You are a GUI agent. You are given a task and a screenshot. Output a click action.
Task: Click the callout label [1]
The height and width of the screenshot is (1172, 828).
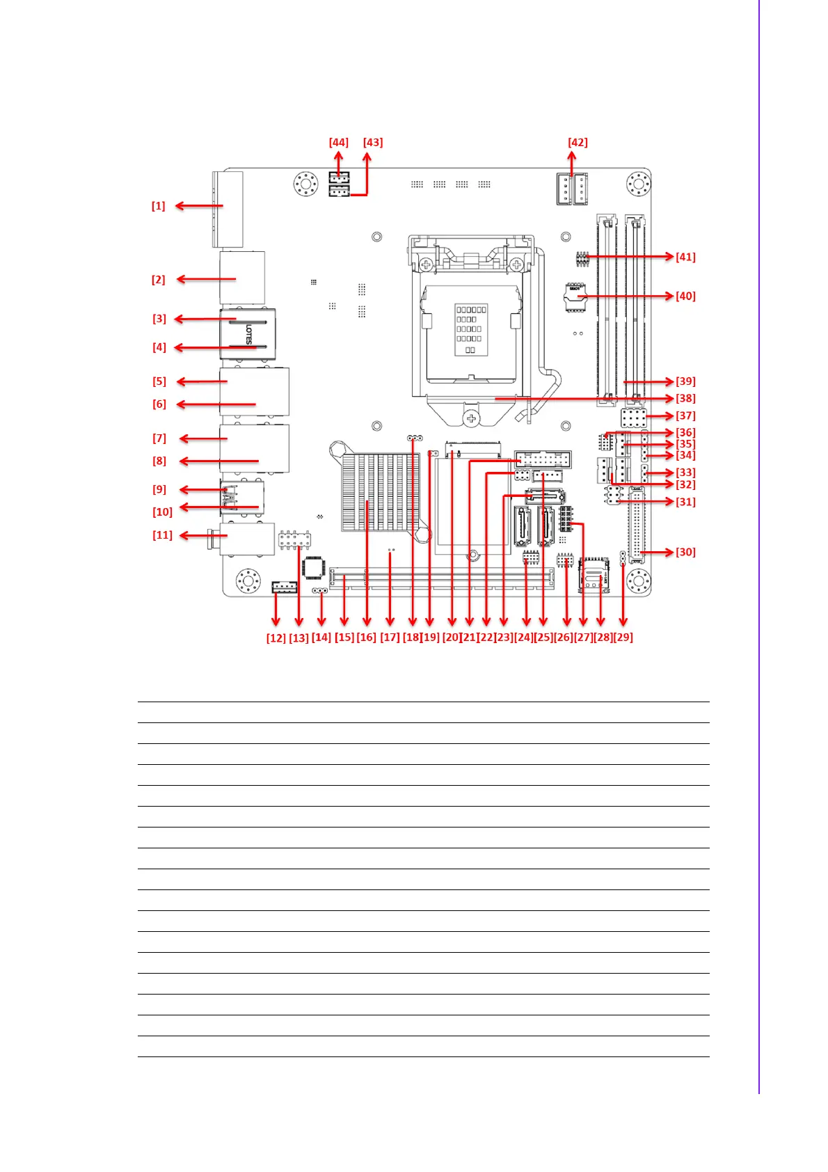coord(159,206)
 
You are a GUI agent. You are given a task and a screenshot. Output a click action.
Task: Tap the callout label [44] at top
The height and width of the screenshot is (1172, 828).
coord(338,143)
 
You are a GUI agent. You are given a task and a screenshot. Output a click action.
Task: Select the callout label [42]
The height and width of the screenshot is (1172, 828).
coord(578,143)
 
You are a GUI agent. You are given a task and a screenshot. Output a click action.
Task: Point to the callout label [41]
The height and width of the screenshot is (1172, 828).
coord(685,257)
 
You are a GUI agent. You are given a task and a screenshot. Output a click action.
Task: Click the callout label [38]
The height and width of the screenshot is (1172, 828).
coord(685,399)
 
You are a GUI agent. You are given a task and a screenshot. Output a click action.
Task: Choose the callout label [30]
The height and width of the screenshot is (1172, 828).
coord(685,553)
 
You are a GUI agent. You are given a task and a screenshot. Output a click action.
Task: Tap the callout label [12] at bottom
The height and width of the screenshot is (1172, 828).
coord(276,638)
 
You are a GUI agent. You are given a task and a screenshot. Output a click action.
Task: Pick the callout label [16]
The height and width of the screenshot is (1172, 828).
coord(366,638)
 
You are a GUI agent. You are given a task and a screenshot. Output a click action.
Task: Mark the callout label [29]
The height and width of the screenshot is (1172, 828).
coord(623,638)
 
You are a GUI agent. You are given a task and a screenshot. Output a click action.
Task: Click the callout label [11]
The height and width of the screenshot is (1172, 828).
coord(162,535)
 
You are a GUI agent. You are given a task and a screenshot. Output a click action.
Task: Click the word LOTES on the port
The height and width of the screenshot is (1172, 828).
coord(248,335)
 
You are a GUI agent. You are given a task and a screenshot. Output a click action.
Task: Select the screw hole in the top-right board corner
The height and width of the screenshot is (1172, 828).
coord(638,184)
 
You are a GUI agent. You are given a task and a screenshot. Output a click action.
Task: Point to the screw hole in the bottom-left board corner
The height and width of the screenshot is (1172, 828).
coord(247,580)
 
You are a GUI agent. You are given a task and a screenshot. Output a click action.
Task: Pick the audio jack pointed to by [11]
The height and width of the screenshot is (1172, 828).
coord(244,539)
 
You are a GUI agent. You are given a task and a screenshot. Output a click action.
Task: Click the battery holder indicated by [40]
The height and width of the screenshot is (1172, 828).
coord(575,296)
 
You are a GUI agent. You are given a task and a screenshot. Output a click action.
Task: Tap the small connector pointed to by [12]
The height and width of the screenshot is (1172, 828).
coord(284,587)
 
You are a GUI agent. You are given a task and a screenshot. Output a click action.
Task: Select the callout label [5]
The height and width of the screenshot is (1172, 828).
coord(159,381)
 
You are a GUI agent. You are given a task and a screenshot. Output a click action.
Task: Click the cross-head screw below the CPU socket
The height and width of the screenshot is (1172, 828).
coord(472,418)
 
